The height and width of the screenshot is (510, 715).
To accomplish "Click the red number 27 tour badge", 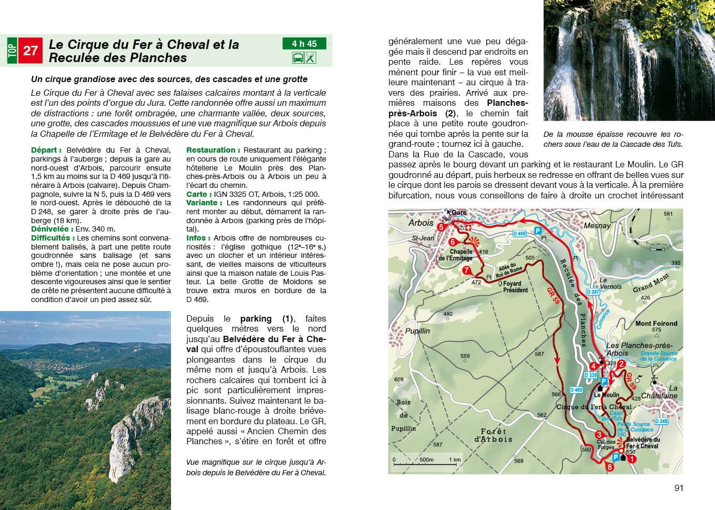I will pos(31,51).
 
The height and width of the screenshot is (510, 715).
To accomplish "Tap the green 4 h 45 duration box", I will pos(305,44).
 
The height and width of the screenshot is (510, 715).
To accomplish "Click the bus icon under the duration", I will pos(298,58).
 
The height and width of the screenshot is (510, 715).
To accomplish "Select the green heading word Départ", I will pos(46,150).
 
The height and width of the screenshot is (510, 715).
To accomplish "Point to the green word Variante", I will pos(202,203).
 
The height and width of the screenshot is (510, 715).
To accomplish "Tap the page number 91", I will pos(679,488).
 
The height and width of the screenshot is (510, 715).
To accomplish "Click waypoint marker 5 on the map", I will pos(441,227).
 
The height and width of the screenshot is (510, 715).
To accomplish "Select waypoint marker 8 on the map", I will pos(609,467).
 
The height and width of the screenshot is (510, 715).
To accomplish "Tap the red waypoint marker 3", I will pos(599,434).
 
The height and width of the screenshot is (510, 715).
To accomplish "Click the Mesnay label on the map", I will pos(597,226).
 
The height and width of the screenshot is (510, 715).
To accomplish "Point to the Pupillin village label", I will pos(417,331).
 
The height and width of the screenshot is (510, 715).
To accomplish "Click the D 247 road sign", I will pos(593,292).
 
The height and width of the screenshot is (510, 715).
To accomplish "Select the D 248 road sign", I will pos(661,421).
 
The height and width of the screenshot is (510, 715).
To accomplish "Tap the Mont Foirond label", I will pos(656,324).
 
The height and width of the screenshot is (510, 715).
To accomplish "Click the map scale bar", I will pos(427,464).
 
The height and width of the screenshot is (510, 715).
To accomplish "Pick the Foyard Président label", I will pos(515,286).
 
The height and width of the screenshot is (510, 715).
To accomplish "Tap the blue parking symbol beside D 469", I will pos(538,231).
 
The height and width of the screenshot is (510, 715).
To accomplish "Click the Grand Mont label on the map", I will pos(651,283).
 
